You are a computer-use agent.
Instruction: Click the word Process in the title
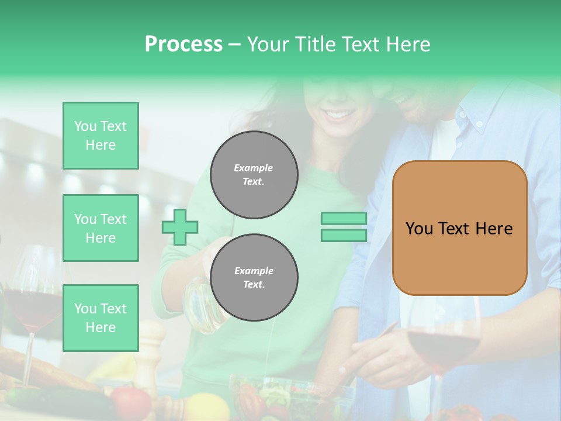pos(183,44)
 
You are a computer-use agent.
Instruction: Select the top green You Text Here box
pos(101,136)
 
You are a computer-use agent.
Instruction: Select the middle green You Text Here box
pos(101,228)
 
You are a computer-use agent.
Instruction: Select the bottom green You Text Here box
pos(101,318)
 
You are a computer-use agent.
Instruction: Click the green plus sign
pos(180,227)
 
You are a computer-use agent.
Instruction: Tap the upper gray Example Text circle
pos(254,175)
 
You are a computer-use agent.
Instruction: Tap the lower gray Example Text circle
pos(254,277)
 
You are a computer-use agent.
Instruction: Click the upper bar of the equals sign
pos(344,219)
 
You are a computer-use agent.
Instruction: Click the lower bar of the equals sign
pos(344,235)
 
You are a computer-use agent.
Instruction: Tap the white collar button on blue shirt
pos(479,124)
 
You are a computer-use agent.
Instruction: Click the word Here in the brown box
pos(494,229)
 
